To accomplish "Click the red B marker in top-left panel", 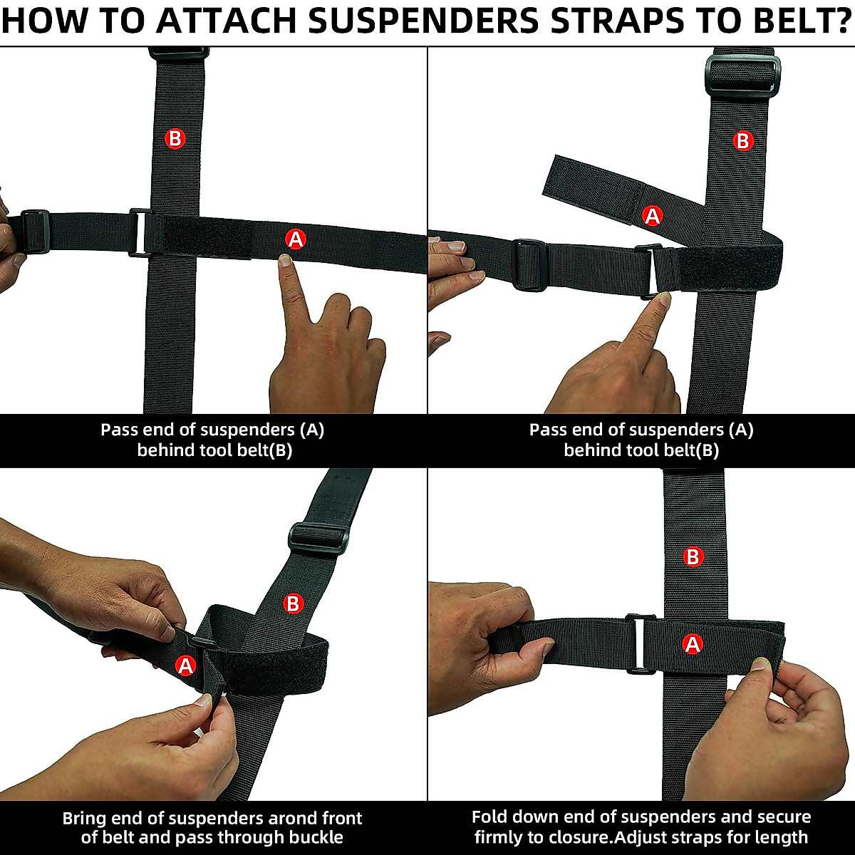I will (x=175, y=138).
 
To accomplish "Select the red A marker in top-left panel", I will (x=295, y=240).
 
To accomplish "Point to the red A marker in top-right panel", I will (x=652, y=215).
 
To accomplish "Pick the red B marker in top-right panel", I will (x=743, y=141).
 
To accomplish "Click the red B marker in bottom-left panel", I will (x=294, y=604).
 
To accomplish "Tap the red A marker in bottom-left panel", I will (x=185, y=666).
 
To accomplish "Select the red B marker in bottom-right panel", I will (x=693, y=556).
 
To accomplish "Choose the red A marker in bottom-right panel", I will (x=692, y=645).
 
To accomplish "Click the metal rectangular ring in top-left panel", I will (x=140, y=232).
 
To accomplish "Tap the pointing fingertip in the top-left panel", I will (x=286, y=261).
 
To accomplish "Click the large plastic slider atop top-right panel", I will (x=741, y=75).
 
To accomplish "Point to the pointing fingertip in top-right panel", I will (x=663, y=299).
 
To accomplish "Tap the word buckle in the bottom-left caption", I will (x=311, y=837).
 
